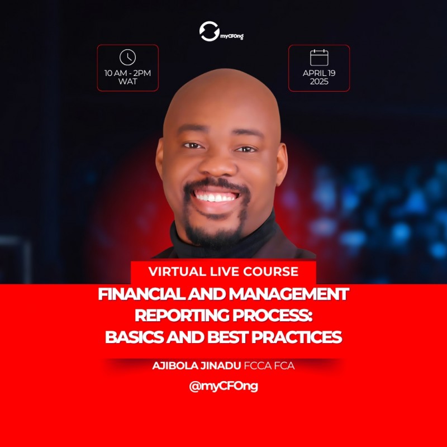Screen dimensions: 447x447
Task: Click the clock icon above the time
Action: point(127,58)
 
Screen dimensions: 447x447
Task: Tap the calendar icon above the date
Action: point(319,58)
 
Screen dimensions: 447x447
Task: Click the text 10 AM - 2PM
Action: point(128,73)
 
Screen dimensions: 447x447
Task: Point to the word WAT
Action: point(128,82)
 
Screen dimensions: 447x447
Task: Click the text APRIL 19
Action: point(319,73)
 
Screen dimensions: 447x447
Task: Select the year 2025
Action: point(319,82)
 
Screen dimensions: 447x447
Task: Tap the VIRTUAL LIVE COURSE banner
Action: point(223,272)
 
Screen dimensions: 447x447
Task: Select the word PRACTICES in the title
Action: point(293,337)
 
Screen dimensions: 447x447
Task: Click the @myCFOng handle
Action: point(223,387)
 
